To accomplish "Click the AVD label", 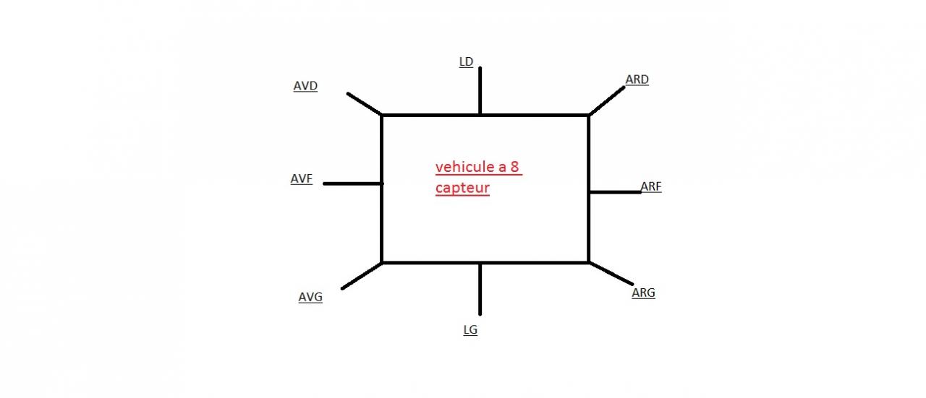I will (x=305, y=86).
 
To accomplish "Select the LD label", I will (x=466, y=62).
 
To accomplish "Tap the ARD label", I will (x=637, y=79).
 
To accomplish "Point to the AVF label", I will (x=302, y=179).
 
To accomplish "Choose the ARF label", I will (x=651, y=187).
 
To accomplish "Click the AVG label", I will (x=310, y=297).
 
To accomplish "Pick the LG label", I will (x=470, y=330).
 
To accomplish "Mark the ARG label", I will (x=643, y=293).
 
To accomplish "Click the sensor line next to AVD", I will (x=364, y=104).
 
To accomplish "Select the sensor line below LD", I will (x=480, y=90).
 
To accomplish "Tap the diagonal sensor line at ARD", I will (x=607, y=100).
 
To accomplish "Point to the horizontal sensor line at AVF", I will (x=352, y=183).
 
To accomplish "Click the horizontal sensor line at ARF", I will (x=615, y=192).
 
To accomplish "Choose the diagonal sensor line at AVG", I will (x=362, y=276).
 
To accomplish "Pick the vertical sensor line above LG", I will (x=480, y=289).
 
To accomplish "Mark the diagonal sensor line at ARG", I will (x=611, y=274).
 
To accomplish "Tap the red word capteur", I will (x=462, y=188).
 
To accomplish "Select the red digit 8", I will (x=514, y=168).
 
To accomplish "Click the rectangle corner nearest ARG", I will (x=588, y=262).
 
